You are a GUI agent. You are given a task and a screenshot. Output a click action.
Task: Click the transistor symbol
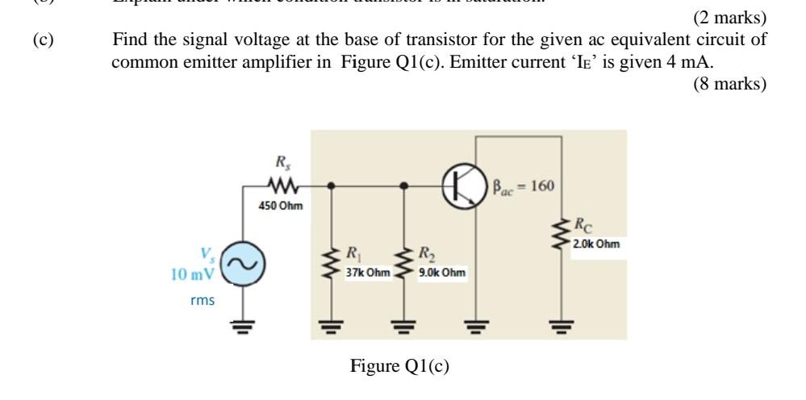(x=464, y=185)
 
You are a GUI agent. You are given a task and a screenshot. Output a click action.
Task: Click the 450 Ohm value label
(x=281, y=206)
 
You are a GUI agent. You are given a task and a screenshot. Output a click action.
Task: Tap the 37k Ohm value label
(x=367, y=273)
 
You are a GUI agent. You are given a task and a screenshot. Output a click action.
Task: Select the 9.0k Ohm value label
(x=441, y=273)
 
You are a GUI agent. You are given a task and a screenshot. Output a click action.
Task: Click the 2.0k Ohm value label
(x=597, y=243)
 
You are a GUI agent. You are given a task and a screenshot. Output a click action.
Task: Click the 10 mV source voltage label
(x=192, y=274)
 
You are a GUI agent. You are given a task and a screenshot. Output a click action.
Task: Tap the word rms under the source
(x=203, y=301)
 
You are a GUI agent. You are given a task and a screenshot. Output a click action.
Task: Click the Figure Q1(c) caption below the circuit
(x=399, y=366)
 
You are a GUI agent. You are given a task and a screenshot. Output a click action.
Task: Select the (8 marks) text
(x=729, y=84)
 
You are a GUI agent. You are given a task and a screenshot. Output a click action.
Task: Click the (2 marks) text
(x=729, y=18)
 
